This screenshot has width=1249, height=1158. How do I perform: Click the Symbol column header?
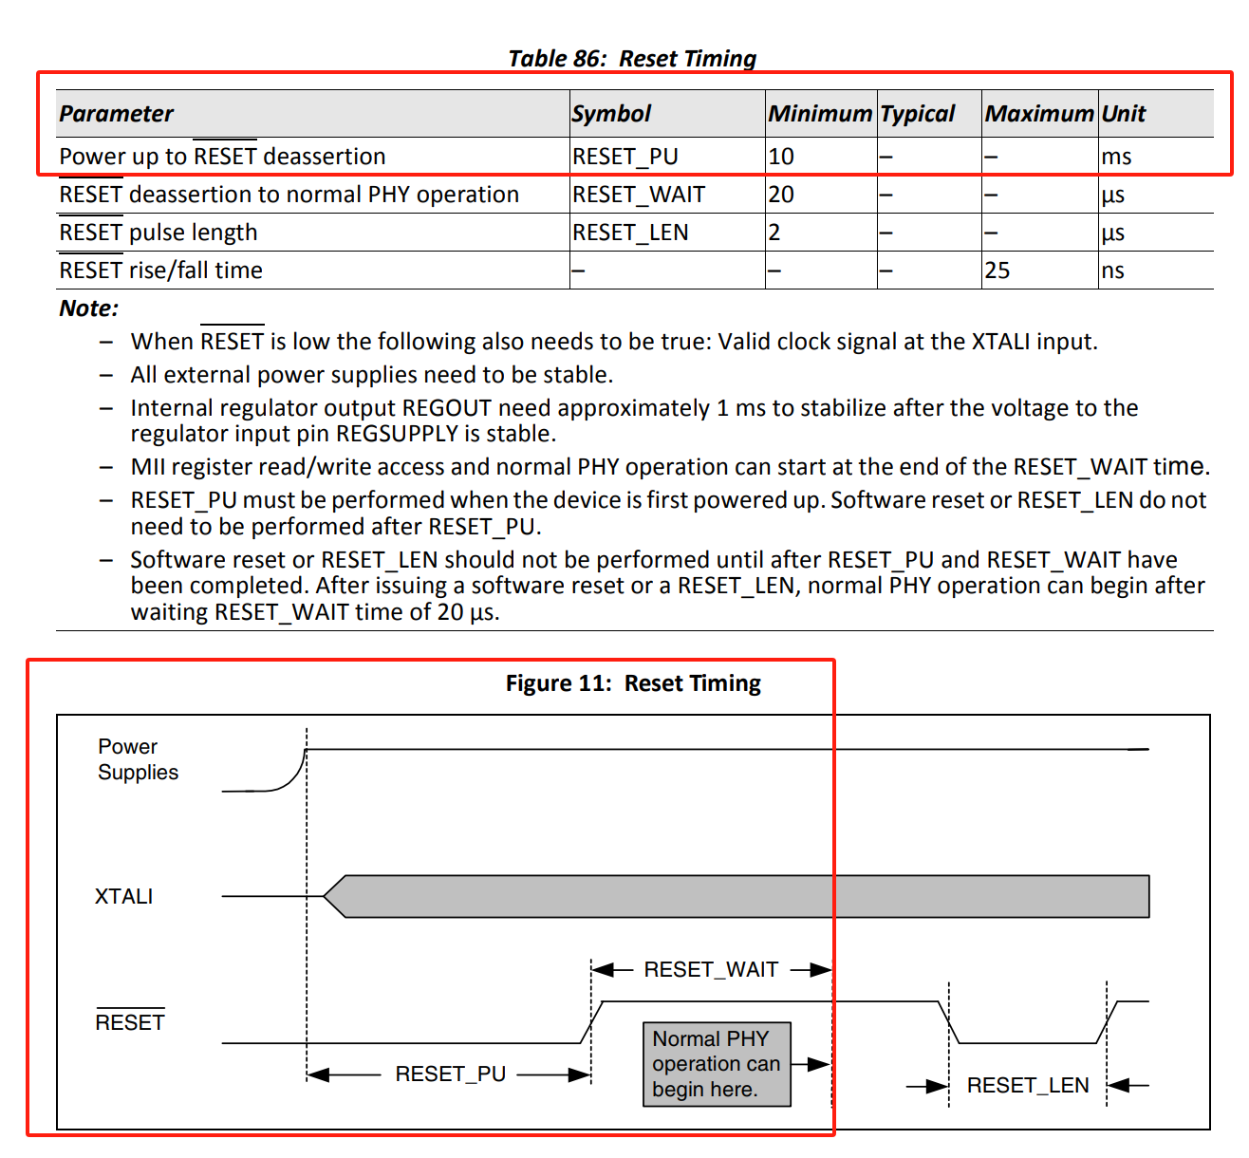click(x=611, y=114)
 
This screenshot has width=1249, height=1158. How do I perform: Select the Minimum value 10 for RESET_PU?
click(x=781, y=157)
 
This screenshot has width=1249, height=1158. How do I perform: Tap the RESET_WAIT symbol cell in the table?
click(x=638, y=195)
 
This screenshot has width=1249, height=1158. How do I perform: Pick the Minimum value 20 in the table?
click(x=781, y=195)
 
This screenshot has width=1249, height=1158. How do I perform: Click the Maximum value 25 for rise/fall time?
click(x=997, y=271)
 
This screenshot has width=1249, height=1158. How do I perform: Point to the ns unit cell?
click(x=1112, y=271)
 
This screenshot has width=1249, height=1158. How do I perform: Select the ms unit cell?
click(x=1116, y=157)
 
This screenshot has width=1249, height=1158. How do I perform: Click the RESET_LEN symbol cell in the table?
click(x=630, y=233)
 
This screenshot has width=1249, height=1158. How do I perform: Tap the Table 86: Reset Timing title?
click(x=632, y=59)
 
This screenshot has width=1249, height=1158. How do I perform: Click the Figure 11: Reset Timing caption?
click(x=633, y=683)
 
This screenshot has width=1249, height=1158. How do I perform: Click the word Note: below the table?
click(x=88, y=308)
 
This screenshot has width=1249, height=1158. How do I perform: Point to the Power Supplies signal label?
click(x=138, y=759)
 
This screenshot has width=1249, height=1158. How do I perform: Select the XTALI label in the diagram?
click(x=123, y=896)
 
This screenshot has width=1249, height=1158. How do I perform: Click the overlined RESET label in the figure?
click(x=130, y=1022)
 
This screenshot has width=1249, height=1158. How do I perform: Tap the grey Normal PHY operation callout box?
click(x=716, y=1064)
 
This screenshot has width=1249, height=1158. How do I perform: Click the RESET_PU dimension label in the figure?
click(x=450, y=1074)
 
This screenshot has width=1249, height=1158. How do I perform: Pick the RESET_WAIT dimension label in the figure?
click(x=711, y=969)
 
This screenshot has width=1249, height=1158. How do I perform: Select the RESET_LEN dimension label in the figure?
click(x=1027, y=1085)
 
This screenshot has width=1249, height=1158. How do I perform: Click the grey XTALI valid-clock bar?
click(x=740, y=896)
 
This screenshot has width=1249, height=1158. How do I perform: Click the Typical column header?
click(x=917, y=114)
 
